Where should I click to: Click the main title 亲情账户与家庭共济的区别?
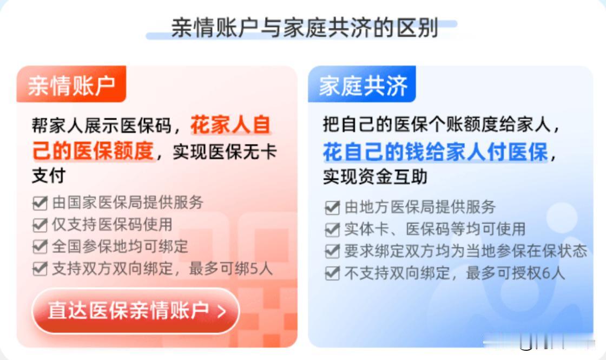305,28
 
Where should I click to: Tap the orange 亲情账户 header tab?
71,84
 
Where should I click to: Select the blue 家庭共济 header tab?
362,84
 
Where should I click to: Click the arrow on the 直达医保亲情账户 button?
222,311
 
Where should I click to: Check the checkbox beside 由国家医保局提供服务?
40,202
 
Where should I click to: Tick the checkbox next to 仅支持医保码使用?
40,225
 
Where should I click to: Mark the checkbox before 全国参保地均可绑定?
40,247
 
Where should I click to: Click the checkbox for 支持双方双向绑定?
40,269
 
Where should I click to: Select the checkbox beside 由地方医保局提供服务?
332,207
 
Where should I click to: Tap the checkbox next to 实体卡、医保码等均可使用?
332,230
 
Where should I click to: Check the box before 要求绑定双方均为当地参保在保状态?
332,251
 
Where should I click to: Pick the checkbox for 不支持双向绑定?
332,273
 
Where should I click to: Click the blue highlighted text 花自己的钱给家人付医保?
436,151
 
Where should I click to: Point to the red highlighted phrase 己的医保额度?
93,150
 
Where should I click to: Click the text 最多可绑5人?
230,269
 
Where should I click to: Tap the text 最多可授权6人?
516,273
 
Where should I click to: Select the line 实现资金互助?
376,176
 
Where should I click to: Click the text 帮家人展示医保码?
102,125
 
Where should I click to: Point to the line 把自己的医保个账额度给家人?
437,125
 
